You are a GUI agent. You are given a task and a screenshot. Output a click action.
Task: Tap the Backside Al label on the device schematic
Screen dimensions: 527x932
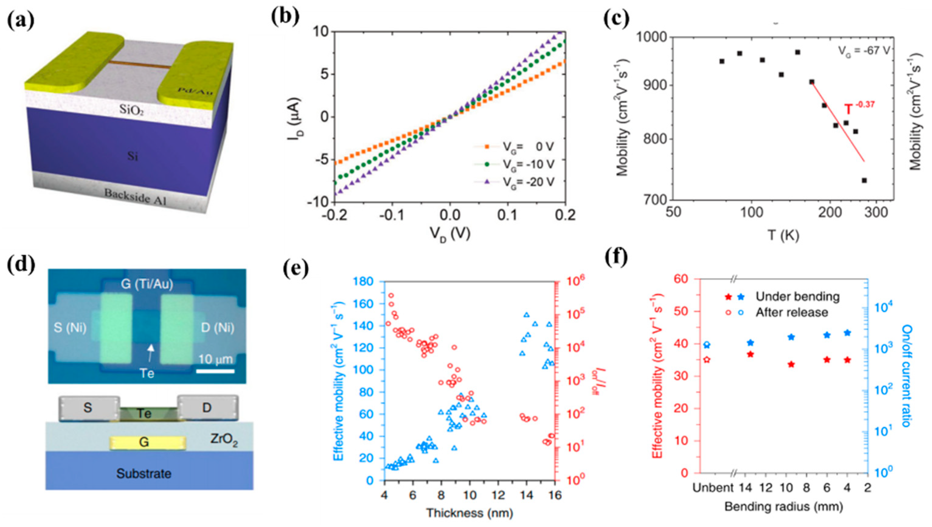click(x=135, y=196)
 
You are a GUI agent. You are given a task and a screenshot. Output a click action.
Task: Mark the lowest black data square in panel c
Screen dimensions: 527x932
click(x=864, y=180)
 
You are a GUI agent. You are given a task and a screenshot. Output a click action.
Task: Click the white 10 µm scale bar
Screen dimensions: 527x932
click(x=216, y=371)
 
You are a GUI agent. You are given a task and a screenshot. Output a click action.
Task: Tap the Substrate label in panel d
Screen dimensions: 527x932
click(x=144, y=474)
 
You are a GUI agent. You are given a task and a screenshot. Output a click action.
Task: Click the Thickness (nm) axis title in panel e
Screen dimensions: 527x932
click(x=469, y=513)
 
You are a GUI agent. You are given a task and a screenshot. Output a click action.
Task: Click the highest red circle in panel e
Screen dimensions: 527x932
click(x=391, y=296)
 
